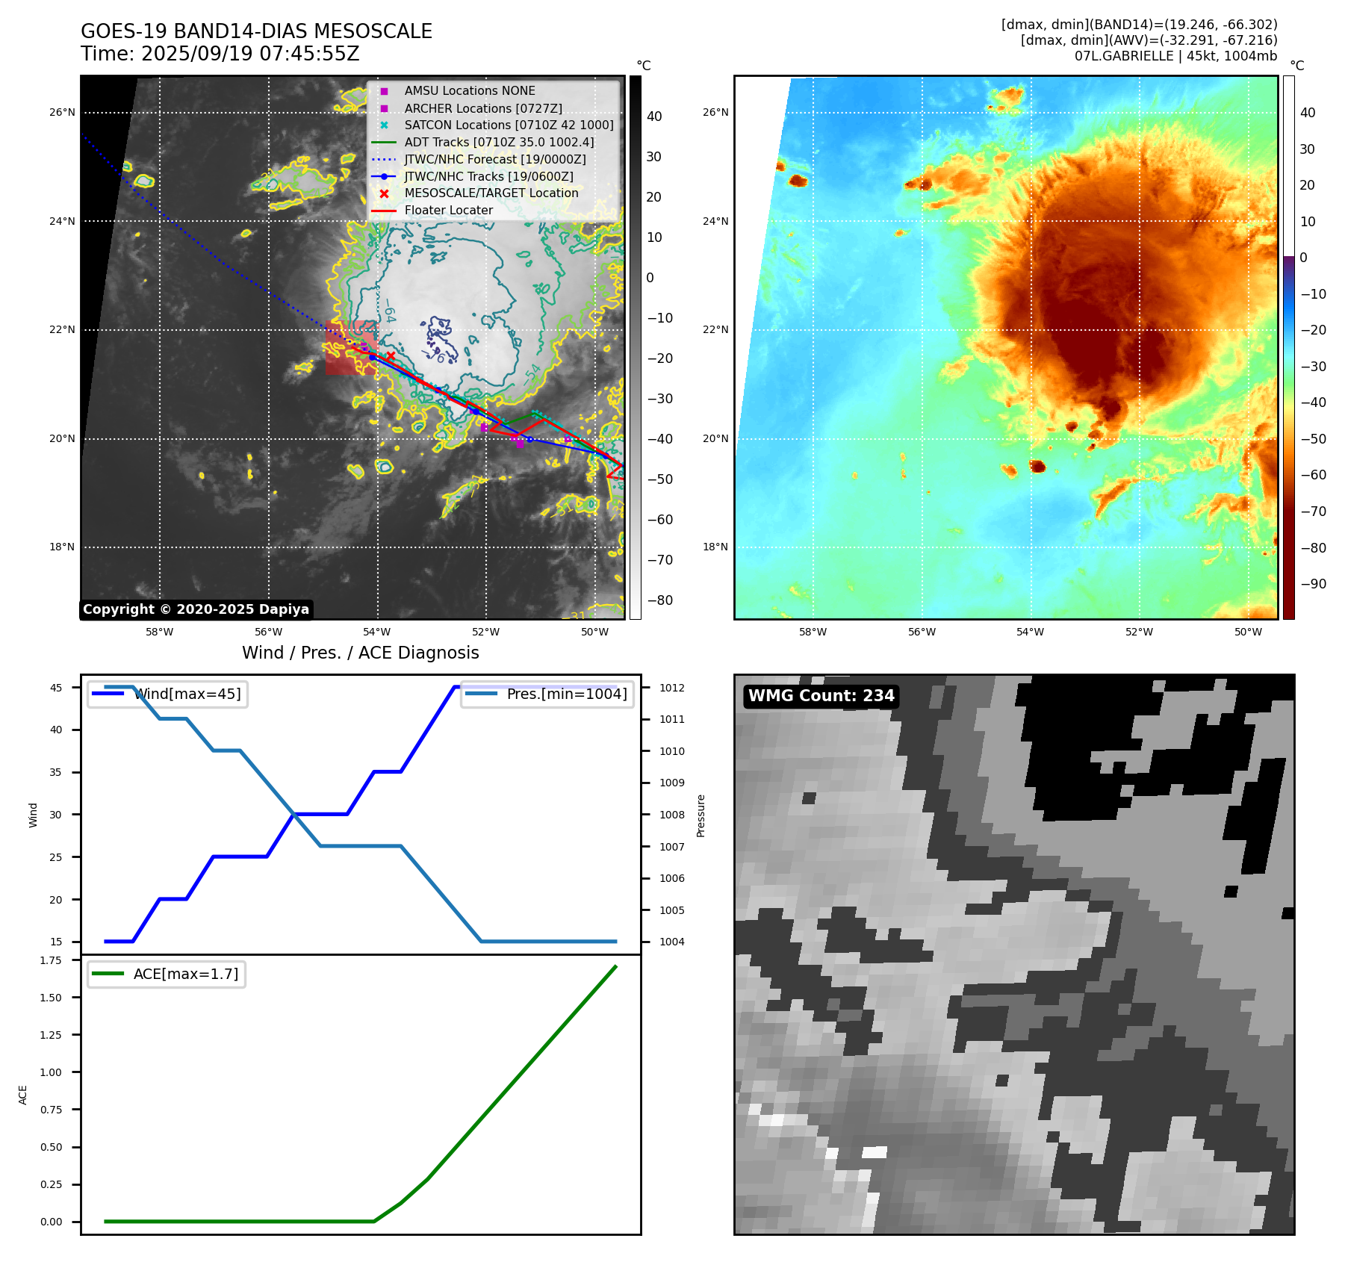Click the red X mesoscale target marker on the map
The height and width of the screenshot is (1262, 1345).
click(x=390, y=356)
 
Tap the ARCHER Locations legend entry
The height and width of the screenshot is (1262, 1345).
click(x=482, y=108)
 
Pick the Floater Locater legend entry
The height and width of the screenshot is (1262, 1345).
click(x=448, y=211)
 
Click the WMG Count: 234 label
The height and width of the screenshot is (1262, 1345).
click(x=821, y=696)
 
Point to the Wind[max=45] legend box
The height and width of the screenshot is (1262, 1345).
click(x=167, y=694)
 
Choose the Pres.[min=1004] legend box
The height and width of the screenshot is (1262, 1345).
click(x=547, y=694)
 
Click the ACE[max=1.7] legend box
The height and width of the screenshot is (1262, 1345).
click(x=167, y=974)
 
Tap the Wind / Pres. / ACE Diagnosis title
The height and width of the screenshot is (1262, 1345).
click(x=361, y=653)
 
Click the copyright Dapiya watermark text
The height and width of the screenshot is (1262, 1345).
click(x=196, y=609)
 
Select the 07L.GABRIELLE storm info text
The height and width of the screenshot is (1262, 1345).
click(x=1175, y=56)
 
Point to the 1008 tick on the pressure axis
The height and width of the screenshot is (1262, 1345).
click(x=671, y=815)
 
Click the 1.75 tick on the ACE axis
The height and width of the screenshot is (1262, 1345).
click(x=51, y=960)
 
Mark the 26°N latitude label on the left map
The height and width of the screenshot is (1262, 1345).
click(x=63, y=113)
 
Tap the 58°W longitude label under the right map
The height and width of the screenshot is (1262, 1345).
click(x=813, y=632)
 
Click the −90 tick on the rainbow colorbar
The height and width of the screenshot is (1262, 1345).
click(x=1313, y=584)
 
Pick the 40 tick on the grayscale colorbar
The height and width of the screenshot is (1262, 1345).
click(x=654, y=116)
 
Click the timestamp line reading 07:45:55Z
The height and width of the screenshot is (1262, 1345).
click(x=220, y=54)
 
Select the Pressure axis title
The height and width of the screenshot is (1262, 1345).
click(x=701, y=815)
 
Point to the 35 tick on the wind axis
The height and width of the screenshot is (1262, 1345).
click(x=56, y=772)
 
